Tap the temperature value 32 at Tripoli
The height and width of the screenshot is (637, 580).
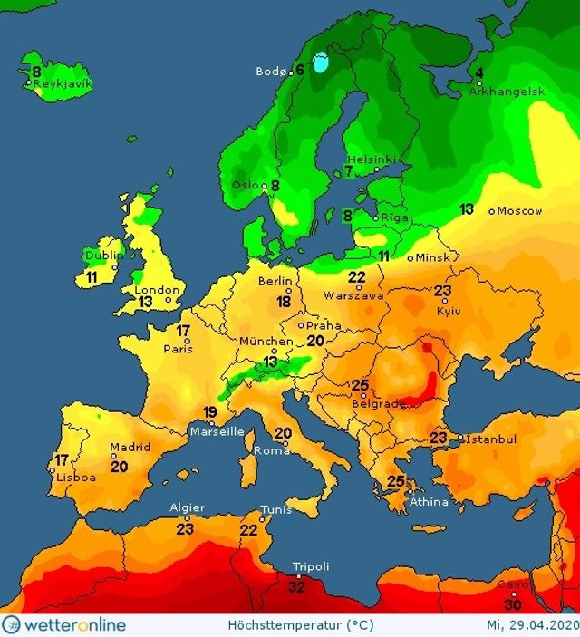click(297, 586)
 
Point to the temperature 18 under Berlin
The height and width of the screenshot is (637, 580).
click(285, 302)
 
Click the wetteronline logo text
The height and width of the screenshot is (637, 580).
click(60, 625)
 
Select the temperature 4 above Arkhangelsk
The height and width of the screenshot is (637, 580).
click(479, 74)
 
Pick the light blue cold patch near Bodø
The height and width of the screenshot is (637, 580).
click(320, 63)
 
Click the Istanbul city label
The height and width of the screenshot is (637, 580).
click(490, 439)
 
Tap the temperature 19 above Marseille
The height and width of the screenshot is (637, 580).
click(210, 414)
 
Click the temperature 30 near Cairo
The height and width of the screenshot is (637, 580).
click(513, 604)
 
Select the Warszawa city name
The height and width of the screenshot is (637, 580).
click(355, 294)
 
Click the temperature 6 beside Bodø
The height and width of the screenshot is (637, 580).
click(299, 70)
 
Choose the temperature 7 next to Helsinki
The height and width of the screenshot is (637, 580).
click(349, 170)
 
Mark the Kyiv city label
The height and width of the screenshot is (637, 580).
click(449, 310)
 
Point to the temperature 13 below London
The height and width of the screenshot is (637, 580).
click(145, 302)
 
